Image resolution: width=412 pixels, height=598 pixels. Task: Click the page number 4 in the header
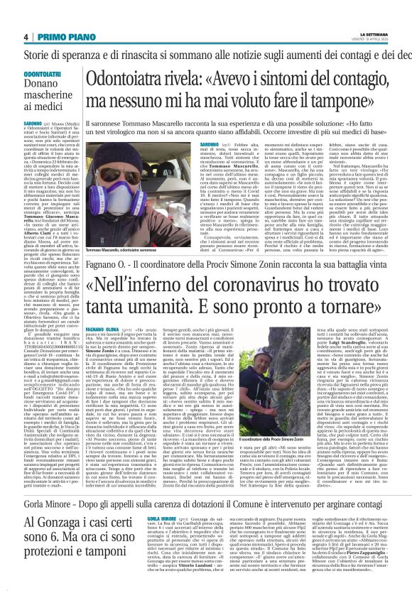coord(25,38)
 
